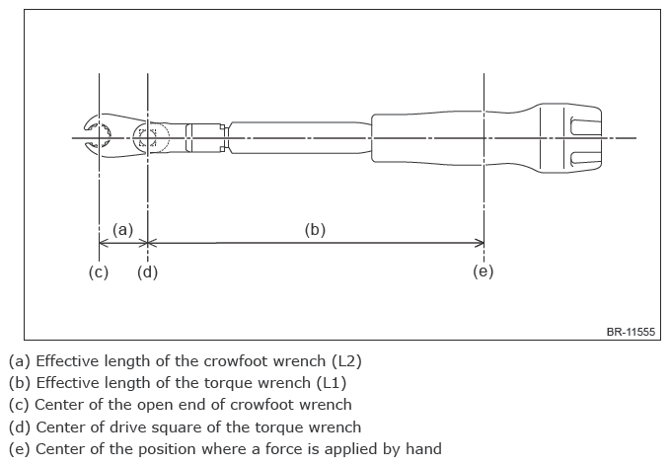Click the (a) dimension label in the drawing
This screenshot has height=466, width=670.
click(x=122, y=229)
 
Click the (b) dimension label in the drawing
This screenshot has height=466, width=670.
click(x=315, y=229)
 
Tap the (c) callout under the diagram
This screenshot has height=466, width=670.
click(x=99, y=272)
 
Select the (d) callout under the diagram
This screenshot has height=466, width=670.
click(x=147, y=272)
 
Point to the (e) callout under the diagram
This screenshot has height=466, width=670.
click(x=483, y=272)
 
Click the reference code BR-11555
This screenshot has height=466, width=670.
click(x=632, y=333)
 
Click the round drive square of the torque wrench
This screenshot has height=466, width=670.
click(x=148, y=137)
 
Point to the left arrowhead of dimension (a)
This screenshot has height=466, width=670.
click(x=104, y=243)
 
